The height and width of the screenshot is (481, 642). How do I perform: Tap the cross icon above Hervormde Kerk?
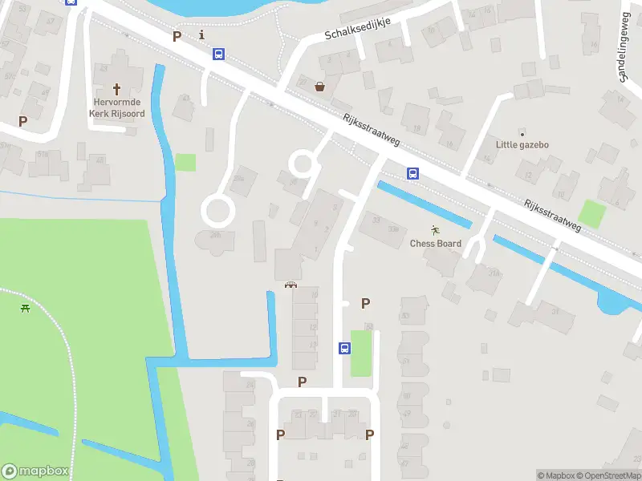click(x=116, y=88)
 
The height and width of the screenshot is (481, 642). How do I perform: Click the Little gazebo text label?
click(x=522, y=145)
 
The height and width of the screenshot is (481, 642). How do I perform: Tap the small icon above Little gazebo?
click(x=522, y=132)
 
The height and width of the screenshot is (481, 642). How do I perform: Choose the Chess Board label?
click(x=436, y=244)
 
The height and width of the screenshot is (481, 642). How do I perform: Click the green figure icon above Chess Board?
click(x=436, y=230)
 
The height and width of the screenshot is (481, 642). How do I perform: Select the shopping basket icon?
click(x=320, y=87)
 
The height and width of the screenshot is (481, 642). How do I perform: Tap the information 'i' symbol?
click(x=201, y=34)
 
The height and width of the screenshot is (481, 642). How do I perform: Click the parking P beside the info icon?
click(x=177, y=36)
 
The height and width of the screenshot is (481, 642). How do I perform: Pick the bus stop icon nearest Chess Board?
click(x=412, y=173)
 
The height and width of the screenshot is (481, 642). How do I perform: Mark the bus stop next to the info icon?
click(x=218, y=54)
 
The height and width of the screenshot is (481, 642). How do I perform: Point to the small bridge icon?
click(x=291, y=285)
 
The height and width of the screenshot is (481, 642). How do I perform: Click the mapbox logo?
click(x=35, y=471)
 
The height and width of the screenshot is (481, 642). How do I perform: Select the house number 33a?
click(x=393, y=229)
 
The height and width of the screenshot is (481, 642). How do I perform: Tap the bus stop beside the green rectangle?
click(x=344, y=348)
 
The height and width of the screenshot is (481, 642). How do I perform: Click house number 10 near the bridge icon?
click(x=314, y=295)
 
